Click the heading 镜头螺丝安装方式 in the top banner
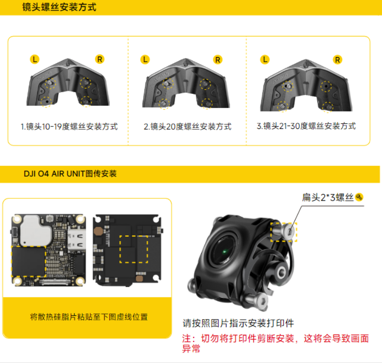pyautogui.click(x=59, y=7)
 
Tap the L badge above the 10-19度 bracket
pyautogui.click(x=34, y=59)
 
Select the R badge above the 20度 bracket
pyautogui.click(x=218, y=59)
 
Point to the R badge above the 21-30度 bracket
pyautogui.click(x=338, y=59)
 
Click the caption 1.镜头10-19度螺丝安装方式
pyautogui.click(x=69, y=127)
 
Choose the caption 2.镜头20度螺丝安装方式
pyautogui.click(x=187, y=127)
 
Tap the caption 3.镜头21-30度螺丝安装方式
pyautogui.click(x=306, y=126)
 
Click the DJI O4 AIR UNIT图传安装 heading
pyautogui.click(x=70, y=174)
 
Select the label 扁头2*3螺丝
pyautogui.click(x=328, y=197)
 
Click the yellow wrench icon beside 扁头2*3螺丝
pyautogui.click(x=359, y=197)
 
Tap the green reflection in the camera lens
pyautogui.click(x=225, y=252)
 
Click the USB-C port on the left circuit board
pyautogui.click(x=77, y=240)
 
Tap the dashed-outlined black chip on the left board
pyautogui.click(x=29, y=262)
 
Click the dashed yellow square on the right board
pyautogui.click(x=134, y=249)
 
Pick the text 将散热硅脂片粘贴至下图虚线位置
pyautogui.click(x=89, y=317)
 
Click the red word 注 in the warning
pyautogui.click(x=187, y=338)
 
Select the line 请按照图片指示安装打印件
pyautogui.click(x=238, y=323)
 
